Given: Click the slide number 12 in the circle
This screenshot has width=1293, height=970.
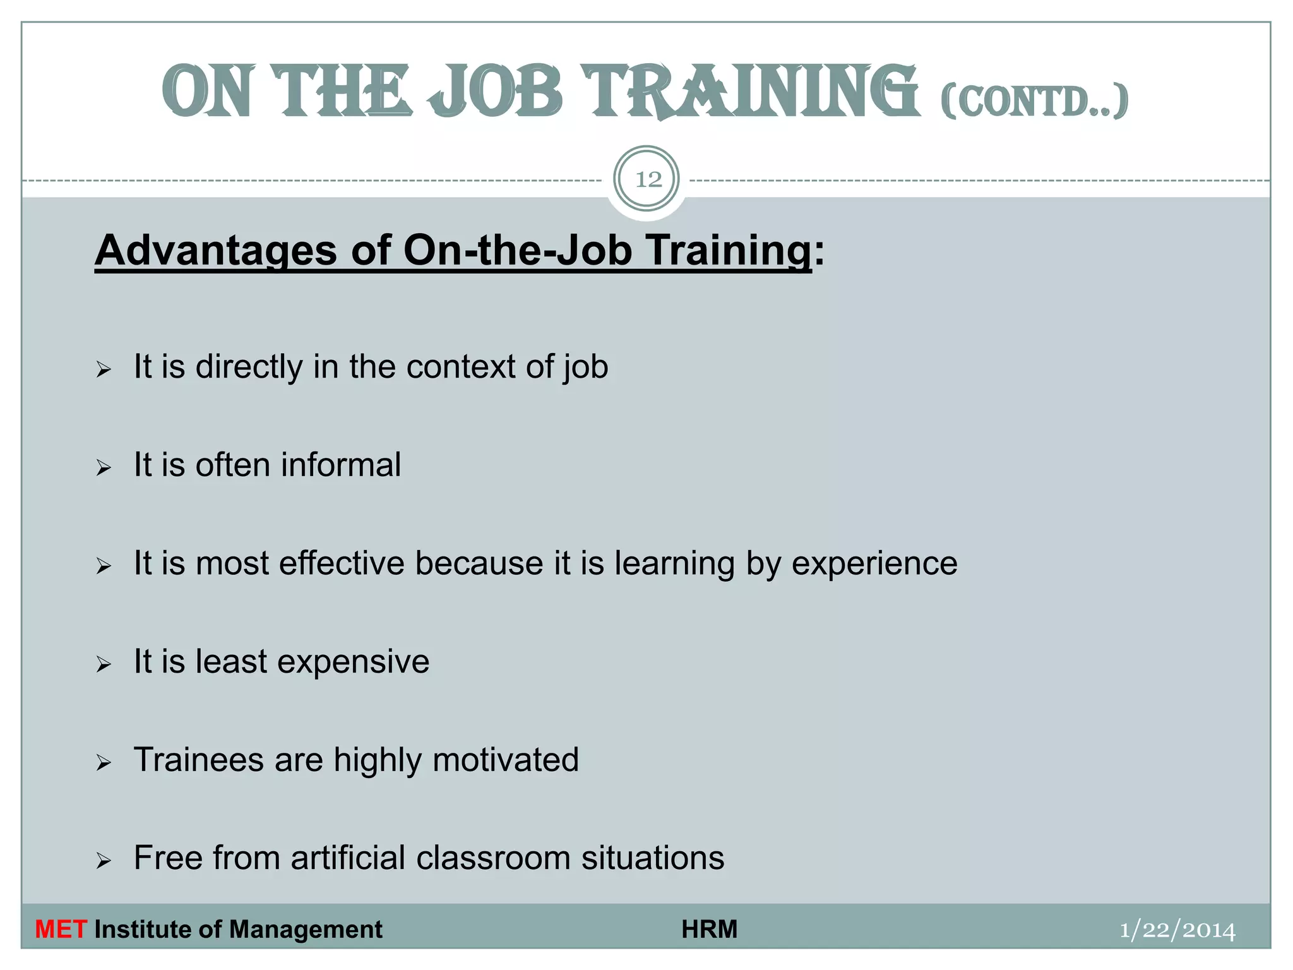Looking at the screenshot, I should (647, 180).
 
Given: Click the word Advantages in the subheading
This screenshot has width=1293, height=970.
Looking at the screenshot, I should (215, 251).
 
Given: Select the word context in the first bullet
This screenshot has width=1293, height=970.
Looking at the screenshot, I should (461, 366).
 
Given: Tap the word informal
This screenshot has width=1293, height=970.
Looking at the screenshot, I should (341, 465).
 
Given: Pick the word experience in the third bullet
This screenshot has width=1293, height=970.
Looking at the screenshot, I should (874, 563).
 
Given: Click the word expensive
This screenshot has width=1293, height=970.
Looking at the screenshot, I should (353, 662).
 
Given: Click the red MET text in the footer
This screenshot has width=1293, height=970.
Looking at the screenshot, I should (61, 930).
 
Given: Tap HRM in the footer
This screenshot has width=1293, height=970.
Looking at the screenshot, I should (709, 930).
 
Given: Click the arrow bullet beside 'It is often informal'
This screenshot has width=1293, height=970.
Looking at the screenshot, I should (104, 468).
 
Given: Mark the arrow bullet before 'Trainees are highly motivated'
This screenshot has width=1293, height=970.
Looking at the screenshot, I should (104, 763).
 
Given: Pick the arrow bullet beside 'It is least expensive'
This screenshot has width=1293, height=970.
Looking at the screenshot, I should (104, 664).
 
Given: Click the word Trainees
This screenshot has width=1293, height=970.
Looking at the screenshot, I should (198, 760).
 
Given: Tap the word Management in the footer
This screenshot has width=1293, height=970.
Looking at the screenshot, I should (306, 930).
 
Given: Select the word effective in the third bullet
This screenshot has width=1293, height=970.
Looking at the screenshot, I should (342, 563).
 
